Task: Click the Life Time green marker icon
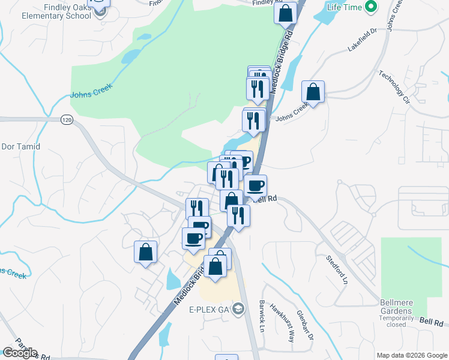(x=372, y=7)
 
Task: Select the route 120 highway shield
(x=66, y=121)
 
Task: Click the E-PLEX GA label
(x=210, y=310)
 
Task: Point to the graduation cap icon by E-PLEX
(x=239, y=310)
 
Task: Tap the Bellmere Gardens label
(x=396, y=311)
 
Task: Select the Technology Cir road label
(x=393, y=86)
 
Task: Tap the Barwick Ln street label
(x=262, y=316)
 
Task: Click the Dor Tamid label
(x=21, y=146)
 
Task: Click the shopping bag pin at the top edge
(x=286, y=13)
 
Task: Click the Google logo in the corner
(x=20, y=353)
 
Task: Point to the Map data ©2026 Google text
(x=411, y=355)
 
